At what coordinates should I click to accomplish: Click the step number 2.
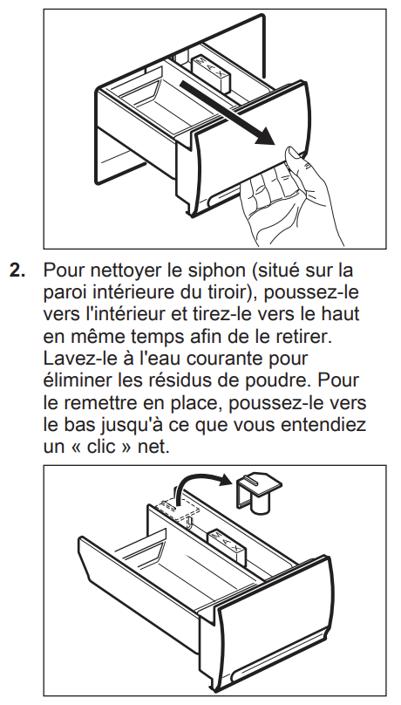tap(18, 270)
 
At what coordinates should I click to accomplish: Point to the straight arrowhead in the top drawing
tap(265, 137)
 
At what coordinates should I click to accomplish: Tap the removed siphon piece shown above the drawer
tap(258, 492)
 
